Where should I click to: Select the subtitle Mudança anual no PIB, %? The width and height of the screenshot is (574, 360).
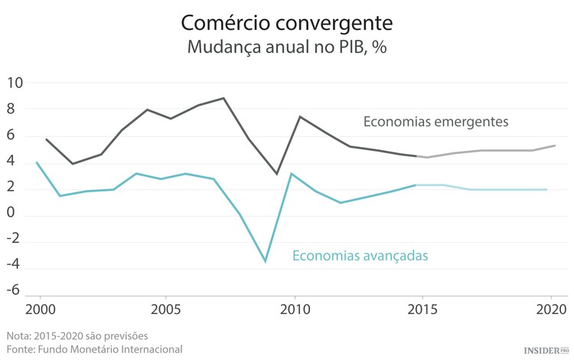286,47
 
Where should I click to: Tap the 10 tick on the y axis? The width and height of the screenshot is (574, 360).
15,83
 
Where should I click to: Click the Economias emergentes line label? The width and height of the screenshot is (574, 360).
435,121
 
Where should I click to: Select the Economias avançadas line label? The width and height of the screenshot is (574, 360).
360,255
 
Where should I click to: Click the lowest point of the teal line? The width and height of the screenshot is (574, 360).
266,262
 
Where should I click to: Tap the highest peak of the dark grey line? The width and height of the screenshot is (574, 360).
223,98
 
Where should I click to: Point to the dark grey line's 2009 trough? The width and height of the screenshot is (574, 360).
277,174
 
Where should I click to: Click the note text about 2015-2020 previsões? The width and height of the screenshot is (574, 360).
77,335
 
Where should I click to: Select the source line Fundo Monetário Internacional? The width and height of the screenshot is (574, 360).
94,349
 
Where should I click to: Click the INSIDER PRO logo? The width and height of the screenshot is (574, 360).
546,349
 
